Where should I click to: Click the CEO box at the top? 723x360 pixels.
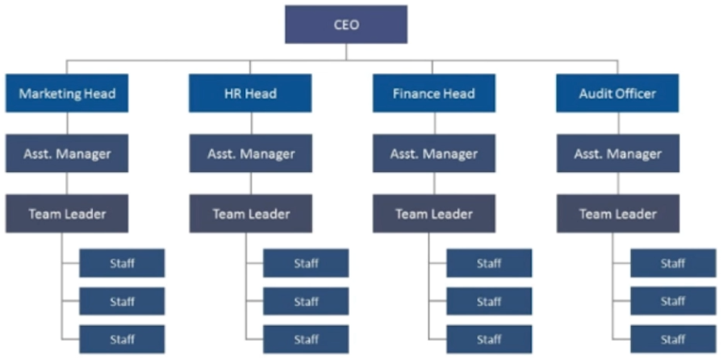click(x=346, y=25)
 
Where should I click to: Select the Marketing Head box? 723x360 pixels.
click(x=67, y=93)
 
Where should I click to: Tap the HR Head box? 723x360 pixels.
click(x=250, y=93)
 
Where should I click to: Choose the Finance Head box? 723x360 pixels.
click(x=434, y=93)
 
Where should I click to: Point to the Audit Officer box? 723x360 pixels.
click(x=617, y=93)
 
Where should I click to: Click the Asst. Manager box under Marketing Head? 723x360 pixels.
click(x=67, y=153)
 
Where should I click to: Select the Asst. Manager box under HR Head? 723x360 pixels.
click(x=250, y=153)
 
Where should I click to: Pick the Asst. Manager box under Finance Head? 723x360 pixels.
click(x=434, y=153)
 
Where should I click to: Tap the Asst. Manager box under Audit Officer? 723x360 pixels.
click(x=617, y=153)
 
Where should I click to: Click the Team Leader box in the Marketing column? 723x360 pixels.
click(x=67, y=214)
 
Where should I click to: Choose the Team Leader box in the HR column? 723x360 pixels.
click(x=250, y=214)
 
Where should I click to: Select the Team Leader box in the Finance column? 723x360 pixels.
click(x=434, y=214)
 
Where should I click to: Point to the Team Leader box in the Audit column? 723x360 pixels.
click(x=617, y=214)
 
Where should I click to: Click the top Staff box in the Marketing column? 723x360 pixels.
click(x=122, y=263)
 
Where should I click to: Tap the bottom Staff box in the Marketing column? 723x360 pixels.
click(x=122, y=338)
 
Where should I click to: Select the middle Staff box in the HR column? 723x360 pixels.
click(x=306, y=301)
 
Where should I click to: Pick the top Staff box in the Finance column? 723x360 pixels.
click(x=489, y=263)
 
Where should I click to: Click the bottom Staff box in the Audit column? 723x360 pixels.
click(x=673, y=338)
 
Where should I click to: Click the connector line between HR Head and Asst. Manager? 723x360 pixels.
click(x=250, y=123)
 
